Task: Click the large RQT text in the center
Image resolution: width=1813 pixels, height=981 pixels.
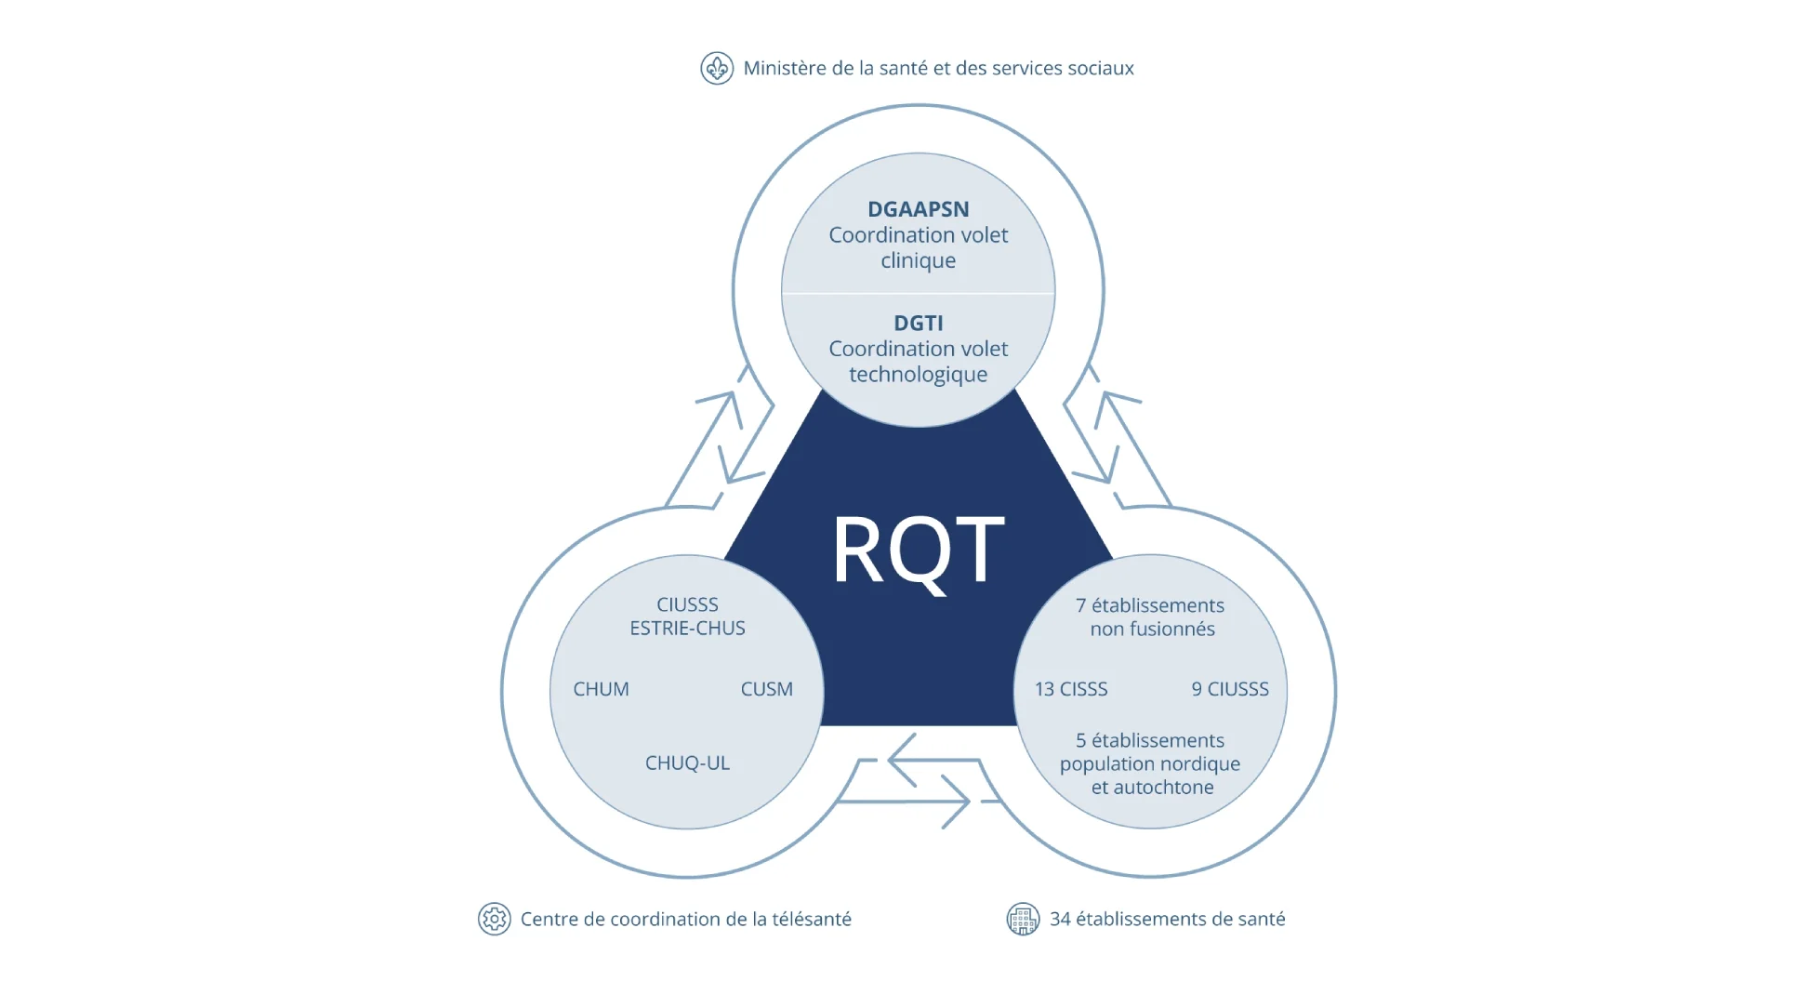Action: coord(918,550)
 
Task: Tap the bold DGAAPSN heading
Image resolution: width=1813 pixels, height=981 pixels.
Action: coord(918,209)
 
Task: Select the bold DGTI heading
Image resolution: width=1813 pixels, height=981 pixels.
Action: coord(918,323)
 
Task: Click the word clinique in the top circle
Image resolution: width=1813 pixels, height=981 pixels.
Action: coord(918,260)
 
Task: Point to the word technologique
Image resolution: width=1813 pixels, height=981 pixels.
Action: coord(918,375)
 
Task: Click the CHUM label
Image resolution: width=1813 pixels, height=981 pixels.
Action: coord(601,689)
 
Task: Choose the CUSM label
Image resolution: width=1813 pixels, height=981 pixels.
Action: coord(766,689)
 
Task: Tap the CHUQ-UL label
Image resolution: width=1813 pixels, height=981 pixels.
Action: coord(687,762)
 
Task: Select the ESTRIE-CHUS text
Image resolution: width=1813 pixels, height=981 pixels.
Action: coord(687,629)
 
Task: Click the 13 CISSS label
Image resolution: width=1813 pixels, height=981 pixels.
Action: coord(1071,689)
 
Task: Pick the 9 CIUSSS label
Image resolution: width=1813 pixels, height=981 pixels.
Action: coord(1230,689)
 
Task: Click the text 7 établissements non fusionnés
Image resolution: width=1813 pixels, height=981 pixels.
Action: coord(1151,616)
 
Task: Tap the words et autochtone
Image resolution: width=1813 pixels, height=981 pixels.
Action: coord(1152,788)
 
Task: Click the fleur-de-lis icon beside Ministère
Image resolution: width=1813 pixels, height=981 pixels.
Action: coord(717,68)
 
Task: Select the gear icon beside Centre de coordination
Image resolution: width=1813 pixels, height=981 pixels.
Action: coord(494,919)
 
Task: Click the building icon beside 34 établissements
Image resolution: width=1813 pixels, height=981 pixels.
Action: coord(1023,919)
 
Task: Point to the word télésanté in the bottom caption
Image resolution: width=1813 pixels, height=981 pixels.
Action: coord(811,919)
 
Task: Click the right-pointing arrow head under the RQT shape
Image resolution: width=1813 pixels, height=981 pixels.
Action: coord(958,801)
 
